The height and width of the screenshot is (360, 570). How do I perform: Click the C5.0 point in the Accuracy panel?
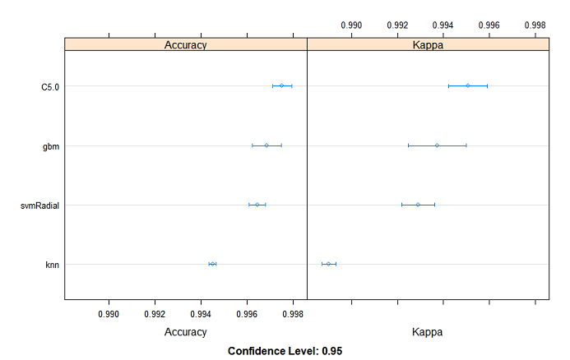point(281,85)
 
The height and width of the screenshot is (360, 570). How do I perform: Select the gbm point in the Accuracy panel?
point(266,145)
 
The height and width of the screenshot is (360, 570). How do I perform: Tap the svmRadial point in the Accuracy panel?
point(257,205)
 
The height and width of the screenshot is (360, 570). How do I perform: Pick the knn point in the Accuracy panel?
point(212,264)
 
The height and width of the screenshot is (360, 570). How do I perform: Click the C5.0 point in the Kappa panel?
point(467,85)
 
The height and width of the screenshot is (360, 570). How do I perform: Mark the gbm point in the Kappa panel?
point(437,145)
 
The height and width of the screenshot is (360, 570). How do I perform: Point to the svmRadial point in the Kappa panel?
point(418,205)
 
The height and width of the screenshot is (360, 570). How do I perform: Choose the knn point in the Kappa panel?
point(328,264)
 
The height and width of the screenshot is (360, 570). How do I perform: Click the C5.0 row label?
point(49,85)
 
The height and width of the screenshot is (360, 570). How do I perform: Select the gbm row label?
point(51,145)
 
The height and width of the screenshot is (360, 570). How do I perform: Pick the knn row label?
point(51,264)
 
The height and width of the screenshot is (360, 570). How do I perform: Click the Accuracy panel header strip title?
point(186,44)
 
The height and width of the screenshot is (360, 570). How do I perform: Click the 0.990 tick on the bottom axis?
point(109,314)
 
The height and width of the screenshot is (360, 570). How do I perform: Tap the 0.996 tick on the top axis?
point(489,25)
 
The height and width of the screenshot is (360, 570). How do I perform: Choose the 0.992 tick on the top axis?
point(397,25)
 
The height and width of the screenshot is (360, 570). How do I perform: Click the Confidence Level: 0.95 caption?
point(285,351)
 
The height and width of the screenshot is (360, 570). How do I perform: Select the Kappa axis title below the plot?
point(428,333)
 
